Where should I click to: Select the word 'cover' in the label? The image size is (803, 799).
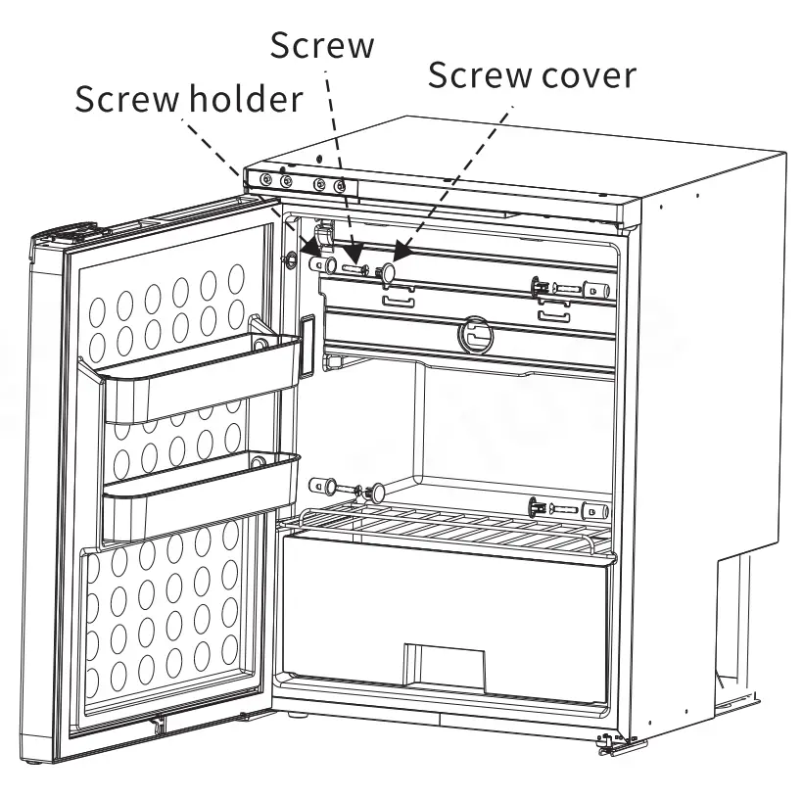click(x=588, y=74)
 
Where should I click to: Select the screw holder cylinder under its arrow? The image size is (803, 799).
click(x=319, y=265)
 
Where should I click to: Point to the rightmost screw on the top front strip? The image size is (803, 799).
click(x=340, y=186)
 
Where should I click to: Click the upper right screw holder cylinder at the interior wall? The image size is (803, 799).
click(x=596, y=290)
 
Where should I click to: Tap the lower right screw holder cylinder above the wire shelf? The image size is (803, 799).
click(x=595, y=511)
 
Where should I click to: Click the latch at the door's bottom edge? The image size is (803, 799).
click(x=157, y=726)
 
